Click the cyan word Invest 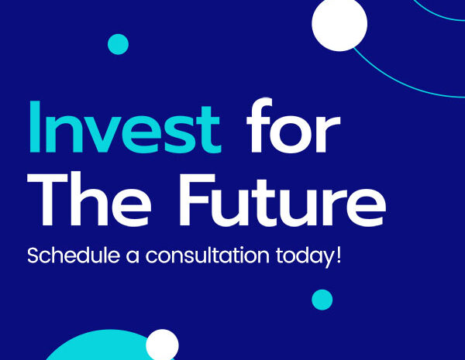[125, 127]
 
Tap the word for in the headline [293, 125]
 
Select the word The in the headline [89, 199]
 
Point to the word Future [282, 200]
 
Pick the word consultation [207, 255]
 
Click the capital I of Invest [34, 127]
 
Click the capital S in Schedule [34, 255]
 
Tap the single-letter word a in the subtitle [133, 256]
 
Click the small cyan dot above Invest [118, 44]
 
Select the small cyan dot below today [322, 300]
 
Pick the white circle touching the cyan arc [339, 24]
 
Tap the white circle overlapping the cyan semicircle [162, 345]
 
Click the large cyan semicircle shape [98, 347]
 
